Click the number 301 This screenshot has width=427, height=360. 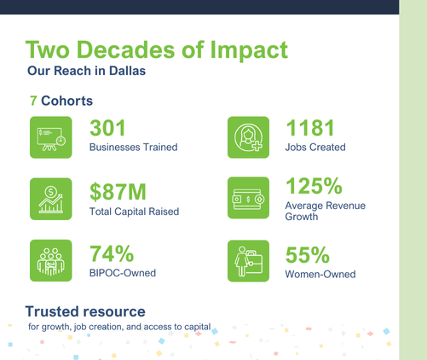coord(107,128)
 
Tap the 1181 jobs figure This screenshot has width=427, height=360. coord(310,128)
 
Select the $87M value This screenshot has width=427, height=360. coord(118,192)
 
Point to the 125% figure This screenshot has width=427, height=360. coord(314,186)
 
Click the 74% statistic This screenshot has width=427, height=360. coord(112,253)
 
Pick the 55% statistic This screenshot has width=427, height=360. coord(308,255)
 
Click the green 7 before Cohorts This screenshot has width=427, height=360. coord(33,101)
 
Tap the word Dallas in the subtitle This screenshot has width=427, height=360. coord(127,71)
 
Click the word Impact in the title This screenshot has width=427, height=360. coord(249,50)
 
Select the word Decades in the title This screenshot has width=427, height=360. coord(126,49)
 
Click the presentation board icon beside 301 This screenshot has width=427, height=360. coord(51,137)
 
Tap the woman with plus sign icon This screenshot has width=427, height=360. coord(248,137)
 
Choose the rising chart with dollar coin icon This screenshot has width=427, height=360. coord(51,199)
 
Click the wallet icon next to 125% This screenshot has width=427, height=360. coord(248,198)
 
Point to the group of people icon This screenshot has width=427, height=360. coord(51,260)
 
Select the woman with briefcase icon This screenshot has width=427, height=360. coord(248,261)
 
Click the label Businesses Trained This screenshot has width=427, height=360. coord(134,148)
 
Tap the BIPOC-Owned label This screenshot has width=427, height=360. coord(123,273)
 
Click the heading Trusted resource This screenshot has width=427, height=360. coord(85,311)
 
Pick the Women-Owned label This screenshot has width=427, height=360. coord(320,275)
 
